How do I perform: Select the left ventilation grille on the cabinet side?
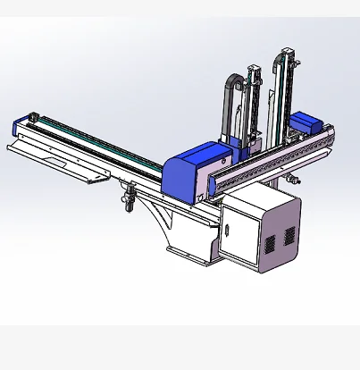point(265,242)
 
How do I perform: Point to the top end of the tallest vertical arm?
point(285,44)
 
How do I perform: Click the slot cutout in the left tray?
point(68,164)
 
